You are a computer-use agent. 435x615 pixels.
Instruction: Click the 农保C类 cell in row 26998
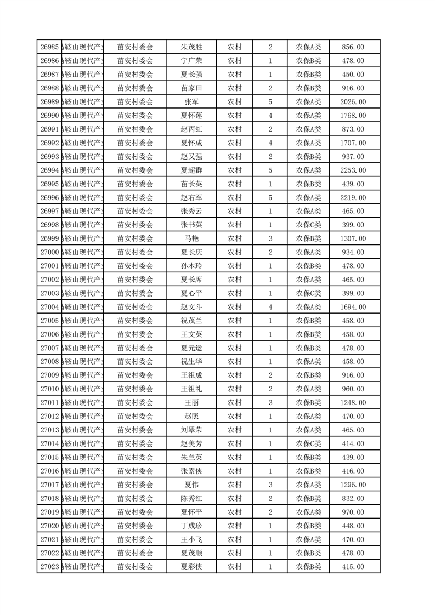point(309,225)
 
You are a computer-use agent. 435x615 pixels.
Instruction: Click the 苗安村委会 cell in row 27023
point(135,566)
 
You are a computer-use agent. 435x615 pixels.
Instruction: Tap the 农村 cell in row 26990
point(235,116)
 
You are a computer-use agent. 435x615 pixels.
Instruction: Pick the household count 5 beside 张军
point(270,102)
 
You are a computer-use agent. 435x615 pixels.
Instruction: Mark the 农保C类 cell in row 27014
point(309,443)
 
